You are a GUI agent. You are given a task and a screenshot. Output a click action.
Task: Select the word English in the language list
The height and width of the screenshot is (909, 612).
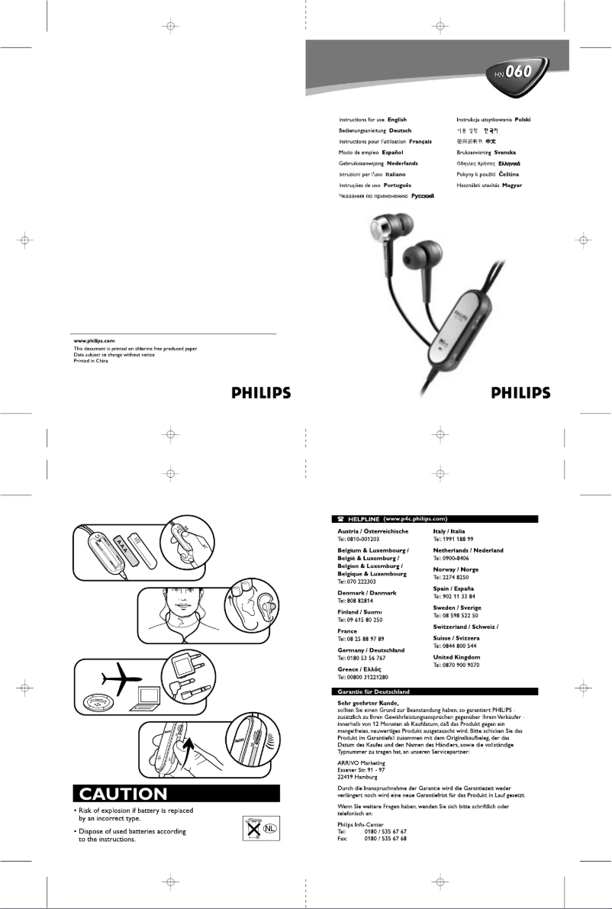click(397, 120)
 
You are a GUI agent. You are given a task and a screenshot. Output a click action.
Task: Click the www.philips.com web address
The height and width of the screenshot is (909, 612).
click(94, 340)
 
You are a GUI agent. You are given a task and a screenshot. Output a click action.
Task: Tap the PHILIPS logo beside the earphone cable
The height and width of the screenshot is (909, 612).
click(520, 394)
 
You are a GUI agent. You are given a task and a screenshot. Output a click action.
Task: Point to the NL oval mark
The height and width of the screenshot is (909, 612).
click(270, 828)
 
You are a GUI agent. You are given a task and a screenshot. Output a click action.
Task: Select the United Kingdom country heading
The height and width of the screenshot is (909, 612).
click(456, 657)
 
